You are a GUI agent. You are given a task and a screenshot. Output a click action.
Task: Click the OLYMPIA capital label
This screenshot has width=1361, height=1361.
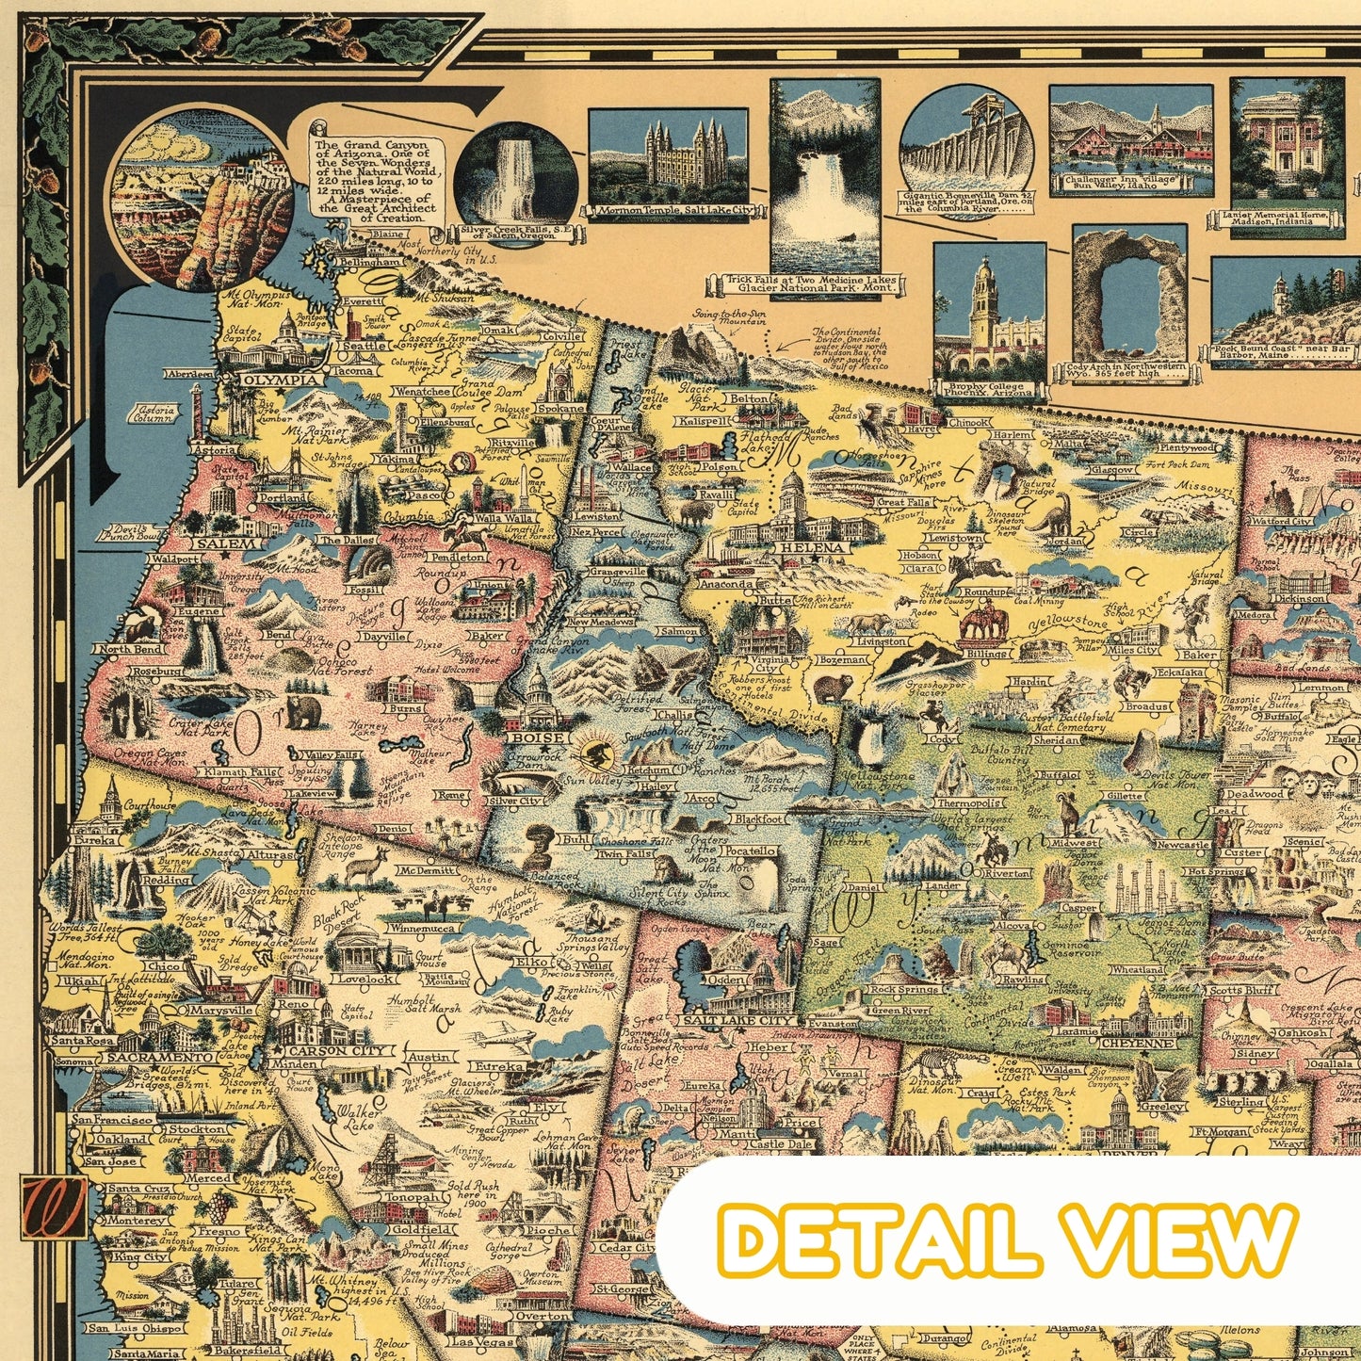(280, 380)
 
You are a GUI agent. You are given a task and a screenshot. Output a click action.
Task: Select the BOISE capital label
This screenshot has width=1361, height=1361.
(537, 737)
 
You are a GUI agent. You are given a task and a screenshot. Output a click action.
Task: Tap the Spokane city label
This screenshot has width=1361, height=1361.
(561, 410)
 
